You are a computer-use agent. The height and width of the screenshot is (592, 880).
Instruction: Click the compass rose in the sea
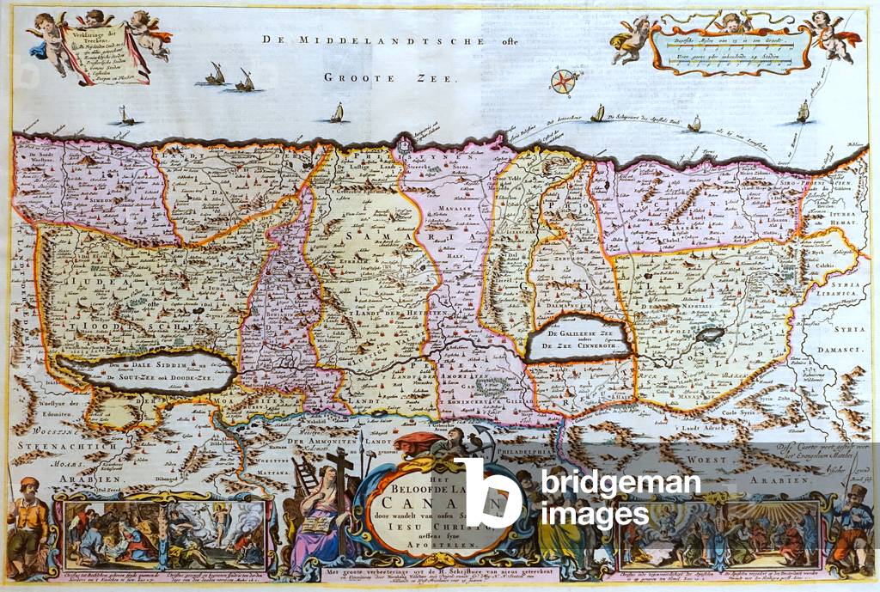[x=562, y=82]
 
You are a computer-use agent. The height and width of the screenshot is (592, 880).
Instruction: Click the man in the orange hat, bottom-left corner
[x=29, y=515]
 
